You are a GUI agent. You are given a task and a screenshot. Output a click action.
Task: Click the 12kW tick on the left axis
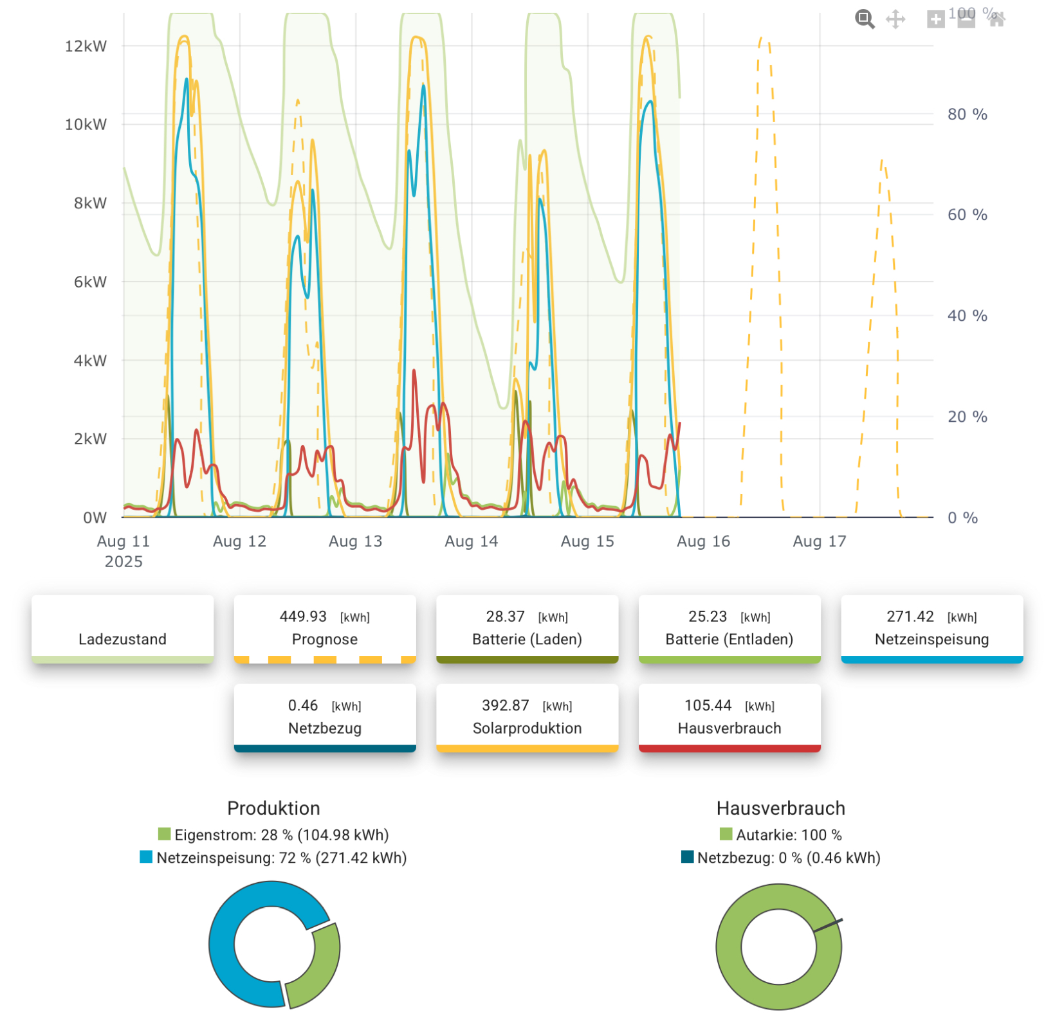click(x=86, y=46)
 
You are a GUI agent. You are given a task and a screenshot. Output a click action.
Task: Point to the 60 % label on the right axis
click(x=967, y=215)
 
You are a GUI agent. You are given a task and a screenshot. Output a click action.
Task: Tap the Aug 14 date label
click(x=471, y=541)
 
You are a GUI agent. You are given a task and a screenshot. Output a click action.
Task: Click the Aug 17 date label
click(x=819, y=541)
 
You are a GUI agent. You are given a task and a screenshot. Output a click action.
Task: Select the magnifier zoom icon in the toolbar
click(x=865, y=19)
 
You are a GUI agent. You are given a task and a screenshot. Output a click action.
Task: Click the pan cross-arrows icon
click(x=895, y=19)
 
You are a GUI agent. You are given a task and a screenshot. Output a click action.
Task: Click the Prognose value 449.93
click(x=303, y=617)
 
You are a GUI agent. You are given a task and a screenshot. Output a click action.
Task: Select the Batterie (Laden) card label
click(x=527, y=639)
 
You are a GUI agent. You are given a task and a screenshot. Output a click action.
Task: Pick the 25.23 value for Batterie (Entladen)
click(x=708, y=617)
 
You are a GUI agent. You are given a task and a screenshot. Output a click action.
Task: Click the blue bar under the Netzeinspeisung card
click(x=931, y=660)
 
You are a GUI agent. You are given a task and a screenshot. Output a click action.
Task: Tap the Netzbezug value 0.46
click(x=303, y=705)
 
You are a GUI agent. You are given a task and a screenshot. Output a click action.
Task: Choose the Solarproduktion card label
click(x=527, y=728)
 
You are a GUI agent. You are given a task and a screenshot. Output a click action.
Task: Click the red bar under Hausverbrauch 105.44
click(x=729, y=748)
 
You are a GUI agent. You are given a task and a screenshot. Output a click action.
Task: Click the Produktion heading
click(x=273, y=808)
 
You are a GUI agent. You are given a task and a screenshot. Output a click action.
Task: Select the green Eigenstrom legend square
click(x=165, y=835)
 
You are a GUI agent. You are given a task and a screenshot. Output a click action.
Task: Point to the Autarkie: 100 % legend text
click(x=789, y=835)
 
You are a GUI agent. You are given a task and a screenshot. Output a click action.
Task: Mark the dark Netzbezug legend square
click(x=688, y=857)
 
